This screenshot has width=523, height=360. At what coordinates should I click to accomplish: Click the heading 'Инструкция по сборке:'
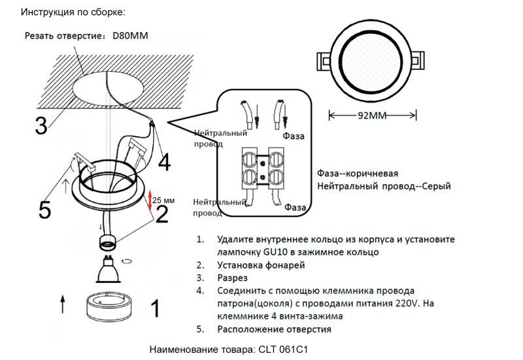(x=63, y=12)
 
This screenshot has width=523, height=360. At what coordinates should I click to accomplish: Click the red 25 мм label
(x=164, y=200)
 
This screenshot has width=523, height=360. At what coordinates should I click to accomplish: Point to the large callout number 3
(x=41, y=125)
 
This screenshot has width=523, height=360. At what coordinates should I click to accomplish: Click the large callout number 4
(x=164, y=161)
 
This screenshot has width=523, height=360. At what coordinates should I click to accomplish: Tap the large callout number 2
(x=161, y=213)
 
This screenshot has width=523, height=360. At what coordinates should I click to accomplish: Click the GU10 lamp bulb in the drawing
(x=107, y=270)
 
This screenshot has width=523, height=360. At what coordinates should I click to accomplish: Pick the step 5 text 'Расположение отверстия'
(x=275, y=329)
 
